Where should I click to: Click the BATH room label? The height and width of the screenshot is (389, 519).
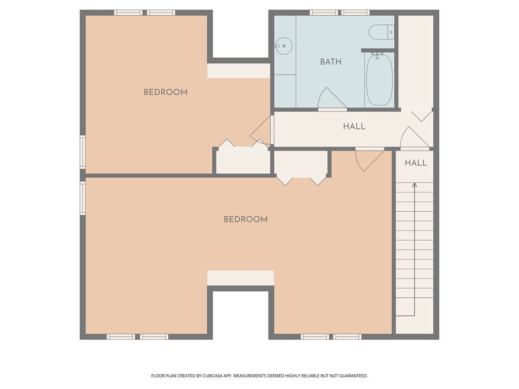pos(330,62)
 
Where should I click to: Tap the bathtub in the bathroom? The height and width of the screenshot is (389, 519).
pos(379,80)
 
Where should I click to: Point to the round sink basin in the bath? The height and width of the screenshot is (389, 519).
pos(284,46)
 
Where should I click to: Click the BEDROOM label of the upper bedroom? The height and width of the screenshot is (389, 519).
pos(165,92)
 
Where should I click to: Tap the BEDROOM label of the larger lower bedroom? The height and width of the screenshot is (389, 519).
pos(245,219)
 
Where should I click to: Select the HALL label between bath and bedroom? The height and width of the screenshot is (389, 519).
pos(354,126)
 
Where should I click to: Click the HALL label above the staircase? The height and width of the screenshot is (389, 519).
pos(415,163)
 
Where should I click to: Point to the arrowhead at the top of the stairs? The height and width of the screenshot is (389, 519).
pos(414,185)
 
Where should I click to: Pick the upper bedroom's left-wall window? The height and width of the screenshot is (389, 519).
pos(83,151)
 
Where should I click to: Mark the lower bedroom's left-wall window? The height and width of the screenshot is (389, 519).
pos(83,198)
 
